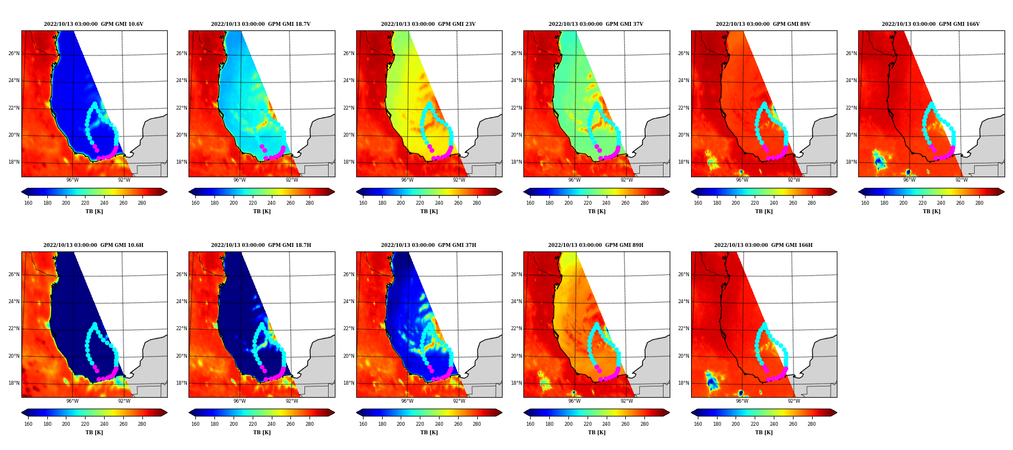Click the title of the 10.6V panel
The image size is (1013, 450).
click(93, 24)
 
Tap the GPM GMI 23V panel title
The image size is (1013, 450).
click(428, 24)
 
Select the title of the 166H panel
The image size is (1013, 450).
click(763, 245)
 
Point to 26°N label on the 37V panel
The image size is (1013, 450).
click(516, 54)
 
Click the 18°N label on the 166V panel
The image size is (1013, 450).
click(851, 163)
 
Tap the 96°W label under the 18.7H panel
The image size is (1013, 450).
click(239, 401)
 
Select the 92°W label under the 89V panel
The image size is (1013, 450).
click(794, 180)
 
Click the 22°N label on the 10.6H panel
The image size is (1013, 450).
click(14, 329)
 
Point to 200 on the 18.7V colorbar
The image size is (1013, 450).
click(233, 203)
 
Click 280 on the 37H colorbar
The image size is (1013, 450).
click(477, 424)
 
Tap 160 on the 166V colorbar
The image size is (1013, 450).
click(865, 203)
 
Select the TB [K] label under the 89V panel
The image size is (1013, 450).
click(764, 211)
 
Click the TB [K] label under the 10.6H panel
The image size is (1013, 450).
click(94, 433)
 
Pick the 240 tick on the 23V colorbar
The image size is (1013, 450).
click(439, 203)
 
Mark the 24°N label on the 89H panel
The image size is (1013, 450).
click(516, 302)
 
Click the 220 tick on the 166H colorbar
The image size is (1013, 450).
click(755, 424)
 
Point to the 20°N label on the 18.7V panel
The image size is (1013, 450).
click(181, 136)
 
